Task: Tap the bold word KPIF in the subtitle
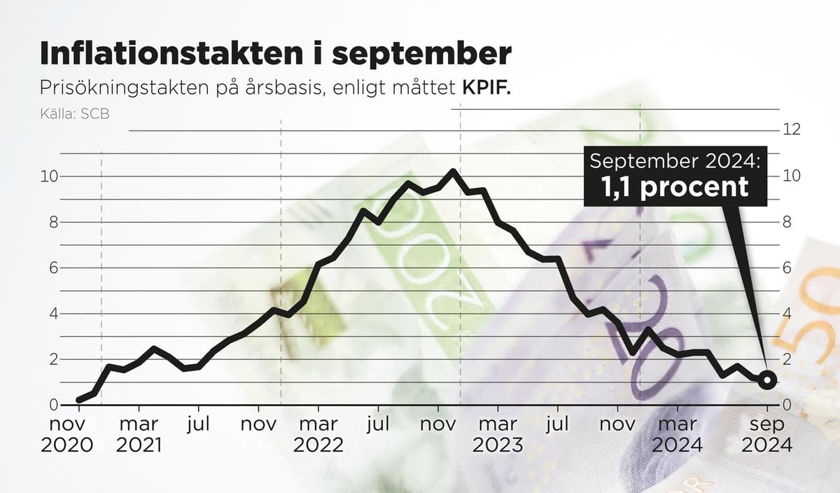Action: point(485,88)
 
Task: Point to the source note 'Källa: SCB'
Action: point(75,113)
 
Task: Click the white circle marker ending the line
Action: point(767,380)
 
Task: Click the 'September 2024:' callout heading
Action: point(675,161)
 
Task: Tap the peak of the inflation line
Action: point(453,171)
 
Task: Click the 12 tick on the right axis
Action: point(792,130)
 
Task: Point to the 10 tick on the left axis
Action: point(48,176)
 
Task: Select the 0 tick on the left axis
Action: point(52,405)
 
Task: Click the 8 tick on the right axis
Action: point(787,222)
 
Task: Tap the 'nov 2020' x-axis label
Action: point(67,434)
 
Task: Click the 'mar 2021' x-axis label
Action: point(139,434)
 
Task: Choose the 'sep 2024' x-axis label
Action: point(768,434)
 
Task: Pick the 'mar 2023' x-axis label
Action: point(498,434)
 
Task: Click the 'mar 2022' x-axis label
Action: point(318,434)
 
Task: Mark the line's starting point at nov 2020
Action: point(79,400)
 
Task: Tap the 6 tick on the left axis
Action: point(52,268)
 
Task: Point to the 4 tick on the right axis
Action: point(787,314)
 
